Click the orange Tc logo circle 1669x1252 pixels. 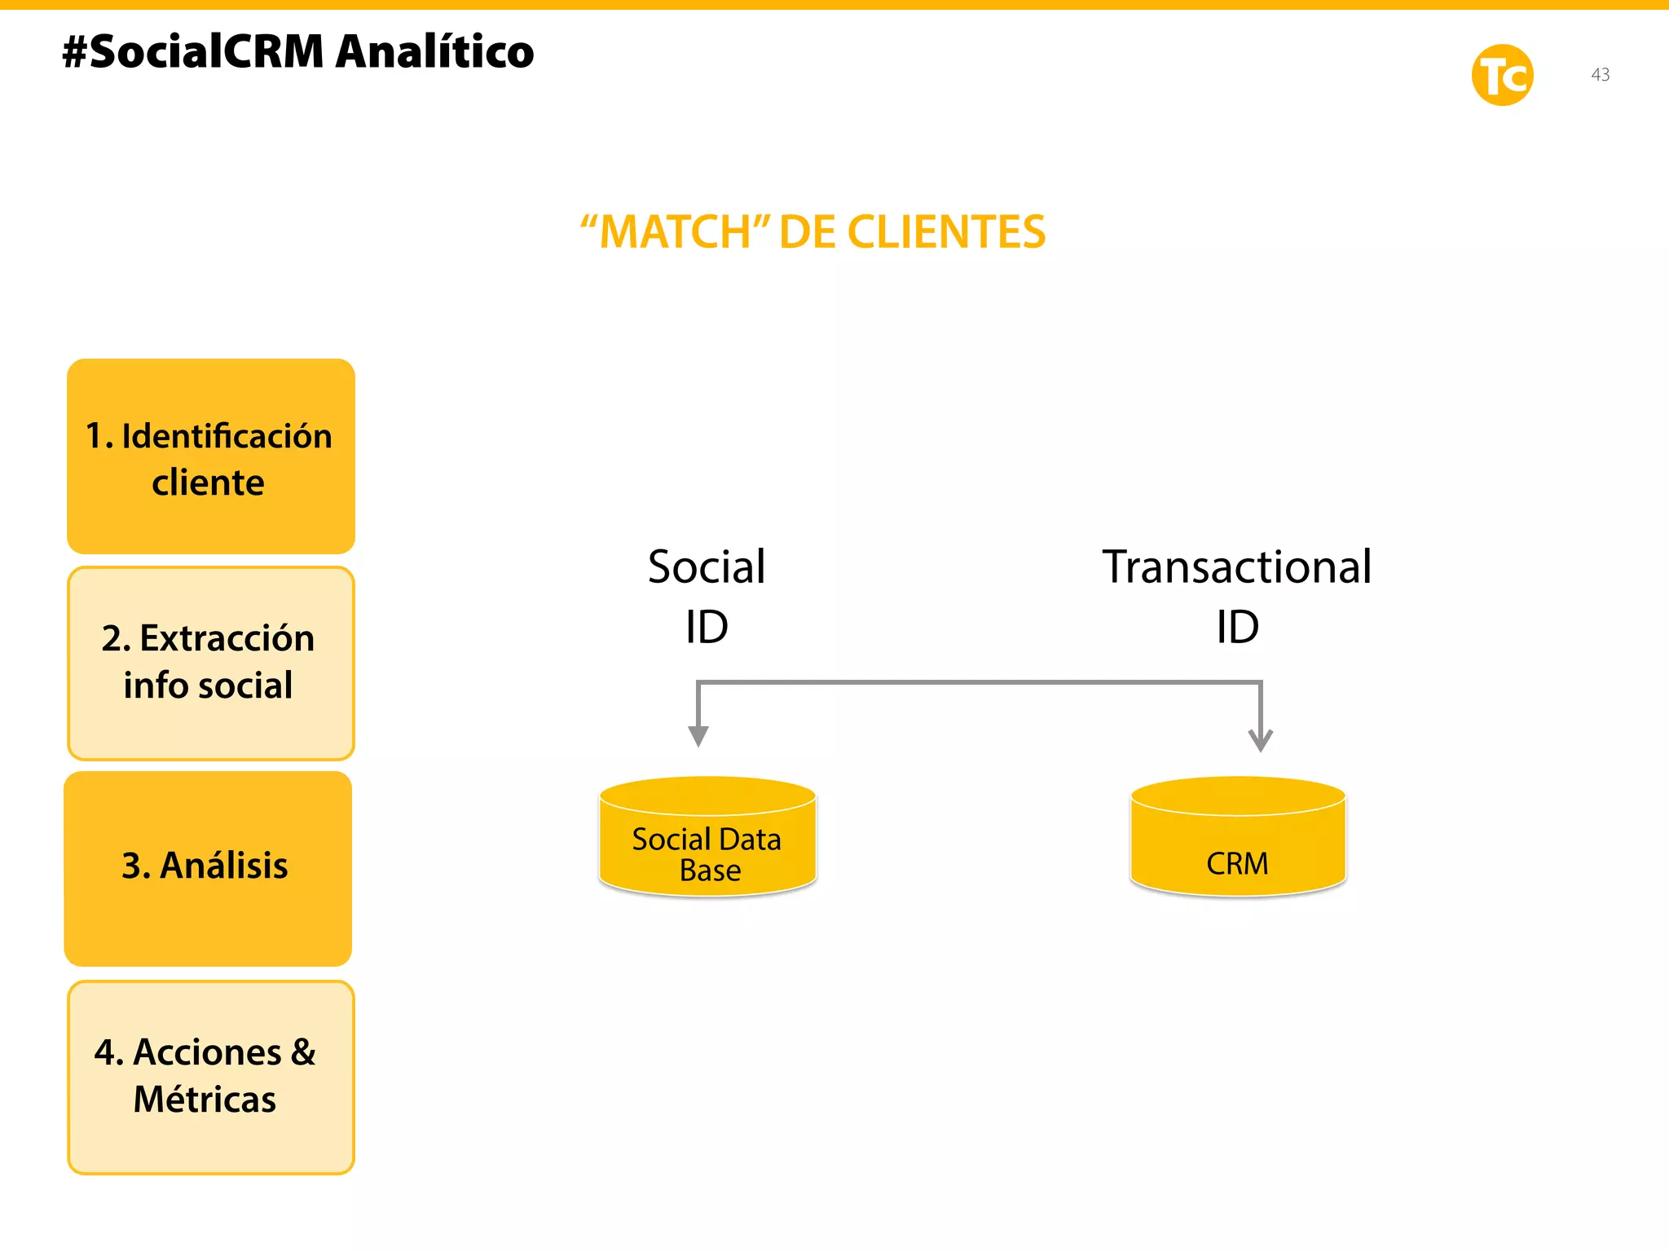pos(1502,75)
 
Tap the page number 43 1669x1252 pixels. pos(1600,74)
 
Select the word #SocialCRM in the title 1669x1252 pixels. pos(193,52)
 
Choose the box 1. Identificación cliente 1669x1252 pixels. pos(210,456)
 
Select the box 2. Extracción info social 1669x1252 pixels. pos(210,663)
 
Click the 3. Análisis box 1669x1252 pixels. pos(208,868)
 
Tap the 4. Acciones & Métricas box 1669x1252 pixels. pos(210,1077)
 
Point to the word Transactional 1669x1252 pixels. pos(1236,566)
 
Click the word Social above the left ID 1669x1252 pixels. pos(707,566)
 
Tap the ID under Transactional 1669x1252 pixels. pos(1237,627)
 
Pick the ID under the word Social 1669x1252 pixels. pos(707,627)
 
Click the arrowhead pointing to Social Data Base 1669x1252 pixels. pos(698,736)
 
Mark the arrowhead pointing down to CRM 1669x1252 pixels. pos(1260,740)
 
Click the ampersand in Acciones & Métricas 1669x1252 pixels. pos(302,1052)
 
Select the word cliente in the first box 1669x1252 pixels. pos(208,483)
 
